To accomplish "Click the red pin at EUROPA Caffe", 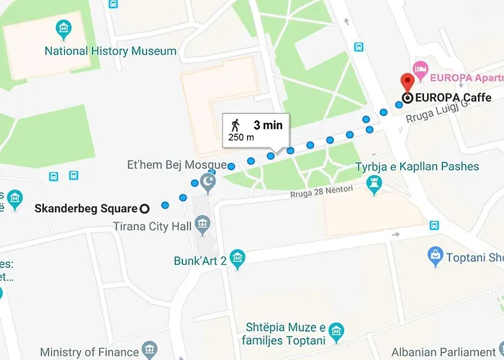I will (x=407, y=81).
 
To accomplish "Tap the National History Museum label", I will (x=110, y=51).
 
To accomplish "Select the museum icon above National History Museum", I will (x=64, y=30).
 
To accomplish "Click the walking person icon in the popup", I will (x=235, y=124).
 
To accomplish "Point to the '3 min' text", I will (x=268, y=125).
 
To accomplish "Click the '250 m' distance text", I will (x=241, y=137).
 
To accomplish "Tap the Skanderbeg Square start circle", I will (x=144, y=209).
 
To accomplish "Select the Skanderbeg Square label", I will (x=86, y=209).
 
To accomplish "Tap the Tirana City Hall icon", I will (x=203, y=228).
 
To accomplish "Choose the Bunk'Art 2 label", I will (x=200, y=261).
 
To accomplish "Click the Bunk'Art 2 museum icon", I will (x=238, y=259).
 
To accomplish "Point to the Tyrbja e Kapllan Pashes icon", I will (x=373, y=185).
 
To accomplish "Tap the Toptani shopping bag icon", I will (x=435, y=255).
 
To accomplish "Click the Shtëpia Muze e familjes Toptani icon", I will (x=336, y=332).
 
